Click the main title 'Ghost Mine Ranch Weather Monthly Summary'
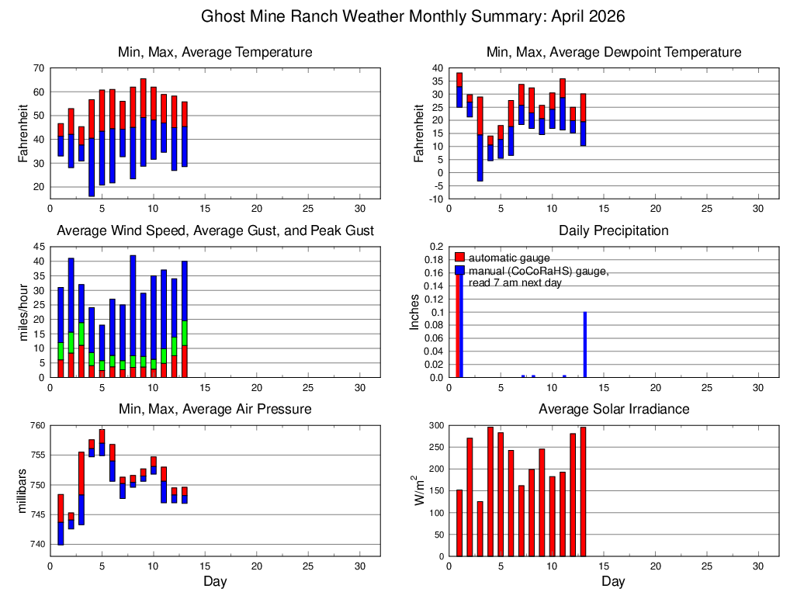point(413,16)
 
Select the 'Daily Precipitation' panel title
point(613,230)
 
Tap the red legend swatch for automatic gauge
point(459,257)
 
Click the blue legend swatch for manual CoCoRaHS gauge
point(459,271)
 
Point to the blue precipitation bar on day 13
point(584,345)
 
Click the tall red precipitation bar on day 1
point(459,326)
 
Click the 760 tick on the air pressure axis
point(36,425)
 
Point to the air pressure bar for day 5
point(102,442)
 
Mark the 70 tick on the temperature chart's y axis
point(38,68)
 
